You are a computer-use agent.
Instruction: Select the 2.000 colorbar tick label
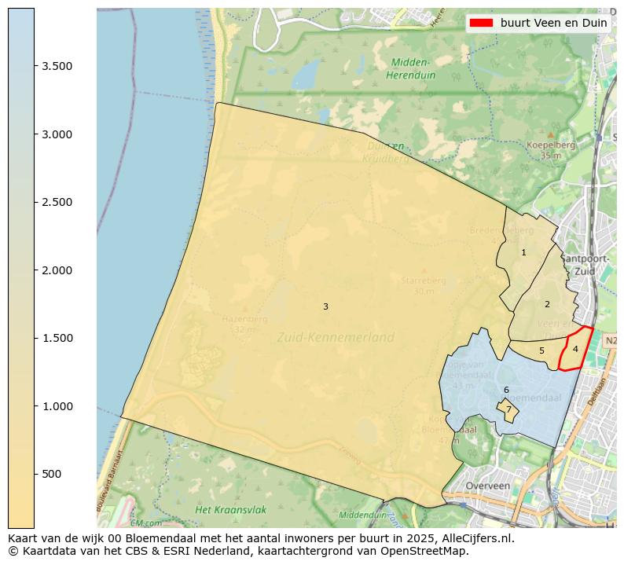tap(57, 270)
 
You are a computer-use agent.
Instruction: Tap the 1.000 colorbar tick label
tap(57, 406)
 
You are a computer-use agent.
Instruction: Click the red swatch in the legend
tap(481, 23)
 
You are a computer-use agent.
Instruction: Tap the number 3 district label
tap(325, 306)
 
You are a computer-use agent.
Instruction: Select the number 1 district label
tap(523, 252)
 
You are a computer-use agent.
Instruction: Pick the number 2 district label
tap(547, 304)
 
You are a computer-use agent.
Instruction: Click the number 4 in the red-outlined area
tap(575, 349)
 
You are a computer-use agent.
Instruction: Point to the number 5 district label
tap(541, 350)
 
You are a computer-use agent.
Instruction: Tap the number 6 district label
tap(506, 390)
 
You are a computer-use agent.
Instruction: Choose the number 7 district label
tap(508, 409)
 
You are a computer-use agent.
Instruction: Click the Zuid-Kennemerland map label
tap(336, 337)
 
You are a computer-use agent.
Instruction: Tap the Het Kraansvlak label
tap(230, 510)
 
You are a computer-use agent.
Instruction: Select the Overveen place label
tap(487, 486)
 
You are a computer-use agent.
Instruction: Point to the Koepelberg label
tap(551, 145)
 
